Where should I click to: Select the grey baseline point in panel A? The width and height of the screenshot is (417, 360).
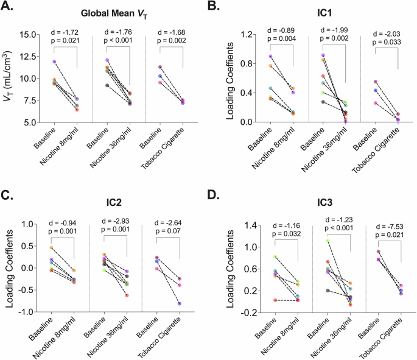108,86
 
